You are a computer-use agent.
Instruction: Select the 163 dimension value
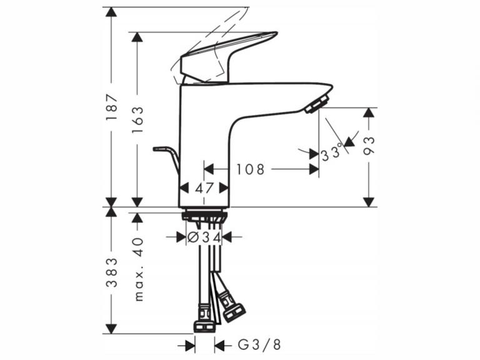(x=137, y=118)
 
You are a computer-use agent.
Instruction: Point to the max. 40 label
(x=138, y=269)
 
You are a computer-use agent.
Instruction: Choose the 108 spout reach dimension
(x=251, y=169)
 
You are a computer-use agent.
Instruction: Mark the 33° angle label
(x=333, y=152)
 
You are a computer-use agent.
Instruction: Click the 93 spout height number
(x=369, y=146)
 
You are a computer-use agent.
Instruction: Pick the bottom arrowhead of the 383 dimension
(x=111, y=327)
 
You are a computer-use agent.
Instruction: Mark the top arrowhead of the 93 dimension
(x=369, y=113)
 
